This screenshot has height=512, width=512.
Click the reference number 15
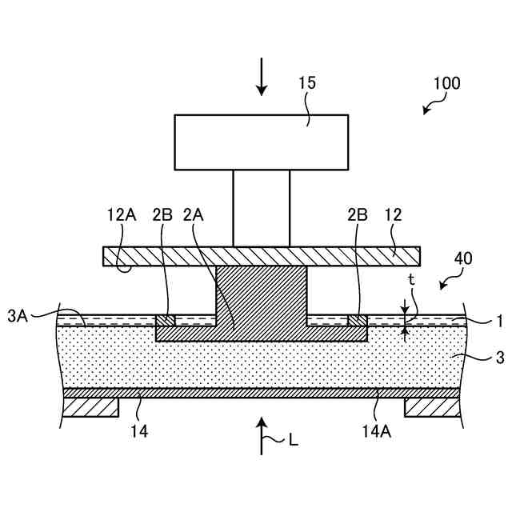307,82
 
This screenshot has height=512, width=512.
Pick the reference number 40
462,258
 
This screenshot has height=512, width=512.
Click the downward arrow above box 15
262,78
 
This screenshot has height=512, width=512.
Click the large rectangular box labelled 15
261,142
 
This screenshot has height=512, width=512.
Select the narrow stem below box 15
261,207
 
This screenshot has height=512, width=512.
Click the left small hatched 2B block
166,321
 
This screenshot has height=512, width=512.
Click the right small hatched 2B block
357,321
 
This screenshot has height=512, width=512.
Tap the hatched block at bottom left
90,407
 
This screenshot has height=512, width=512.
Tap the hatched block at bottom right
433,407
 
